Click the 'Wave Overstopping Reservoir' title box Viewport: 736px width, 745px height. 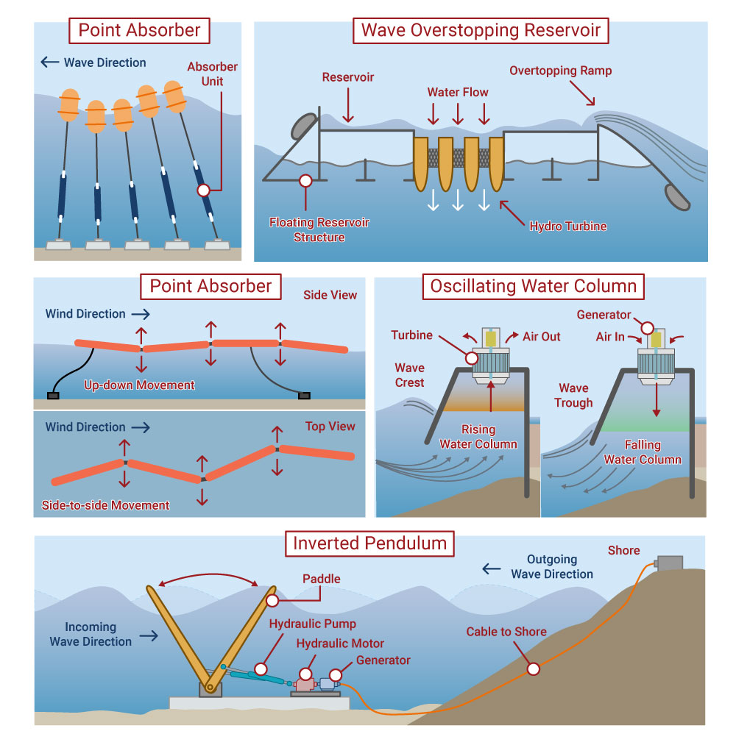481,32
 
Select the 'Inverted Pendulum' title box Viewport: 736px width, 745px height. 369,543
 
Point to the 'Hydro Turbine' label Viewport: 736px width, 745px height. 568,226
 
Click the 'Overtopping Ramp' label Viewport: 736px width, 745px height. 561,71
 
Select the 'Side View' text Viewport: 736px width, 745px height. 330,295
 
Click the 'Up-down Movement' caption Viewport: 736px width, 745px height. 138,385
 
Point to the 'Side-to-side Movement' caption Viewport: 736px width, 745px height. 106,505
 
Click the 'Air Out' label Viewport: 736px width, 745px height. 542,336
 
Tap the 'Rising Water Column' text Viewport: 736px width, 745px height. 478,437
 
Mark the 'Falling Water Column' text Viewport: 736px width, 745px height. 643,452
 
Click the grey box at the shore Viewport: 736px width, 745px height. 670,563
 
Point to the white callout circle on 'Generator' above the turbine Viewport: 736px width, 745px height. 647,328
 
